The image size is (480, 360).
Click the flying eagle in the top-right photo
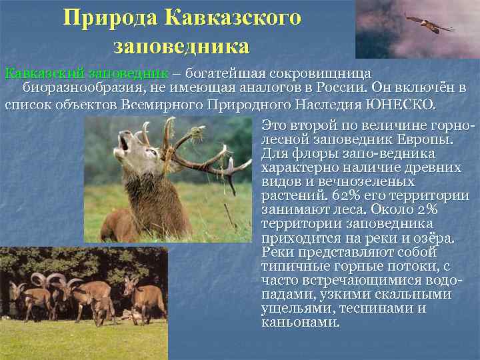pos(429,24)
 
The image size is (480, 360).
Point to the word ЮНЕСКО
pos(399,105)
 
